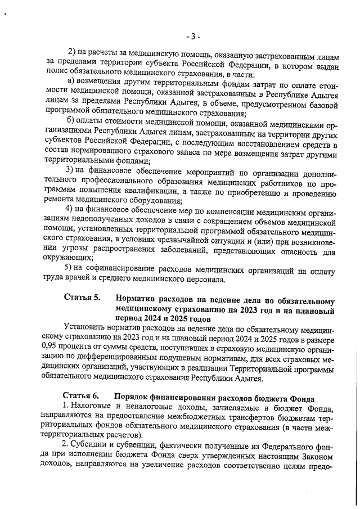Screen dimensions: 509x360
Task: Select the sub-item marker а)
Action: (70, 81)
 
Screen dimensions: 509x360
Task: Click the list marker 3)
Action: (70, 169)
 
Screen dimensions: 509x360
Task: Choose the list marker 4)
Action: (70, 209)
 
